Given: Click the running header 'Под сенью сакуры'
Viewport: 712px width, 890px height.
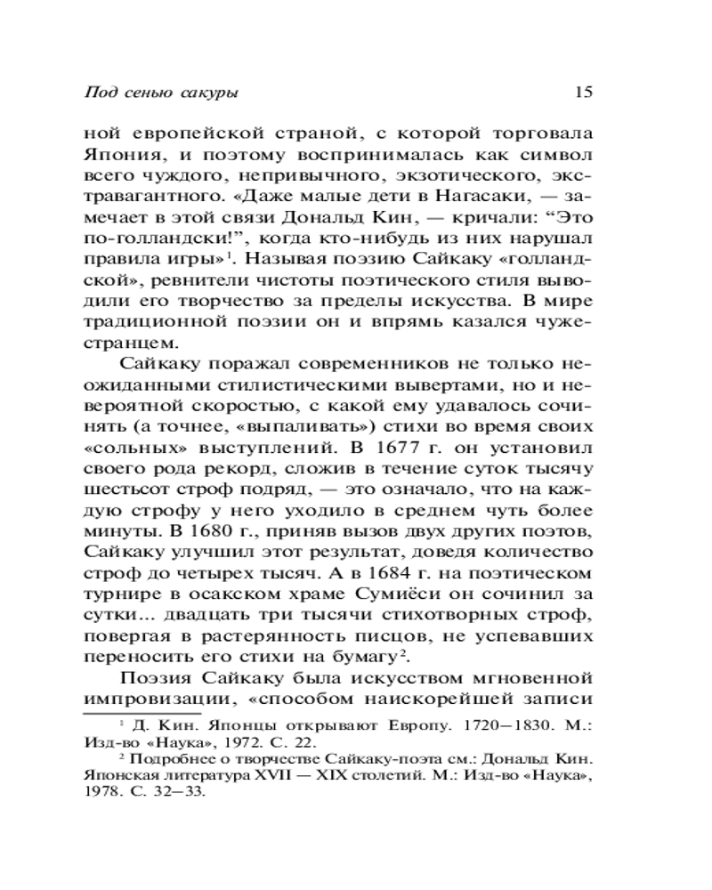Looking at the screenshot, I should tap(161, 92).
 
